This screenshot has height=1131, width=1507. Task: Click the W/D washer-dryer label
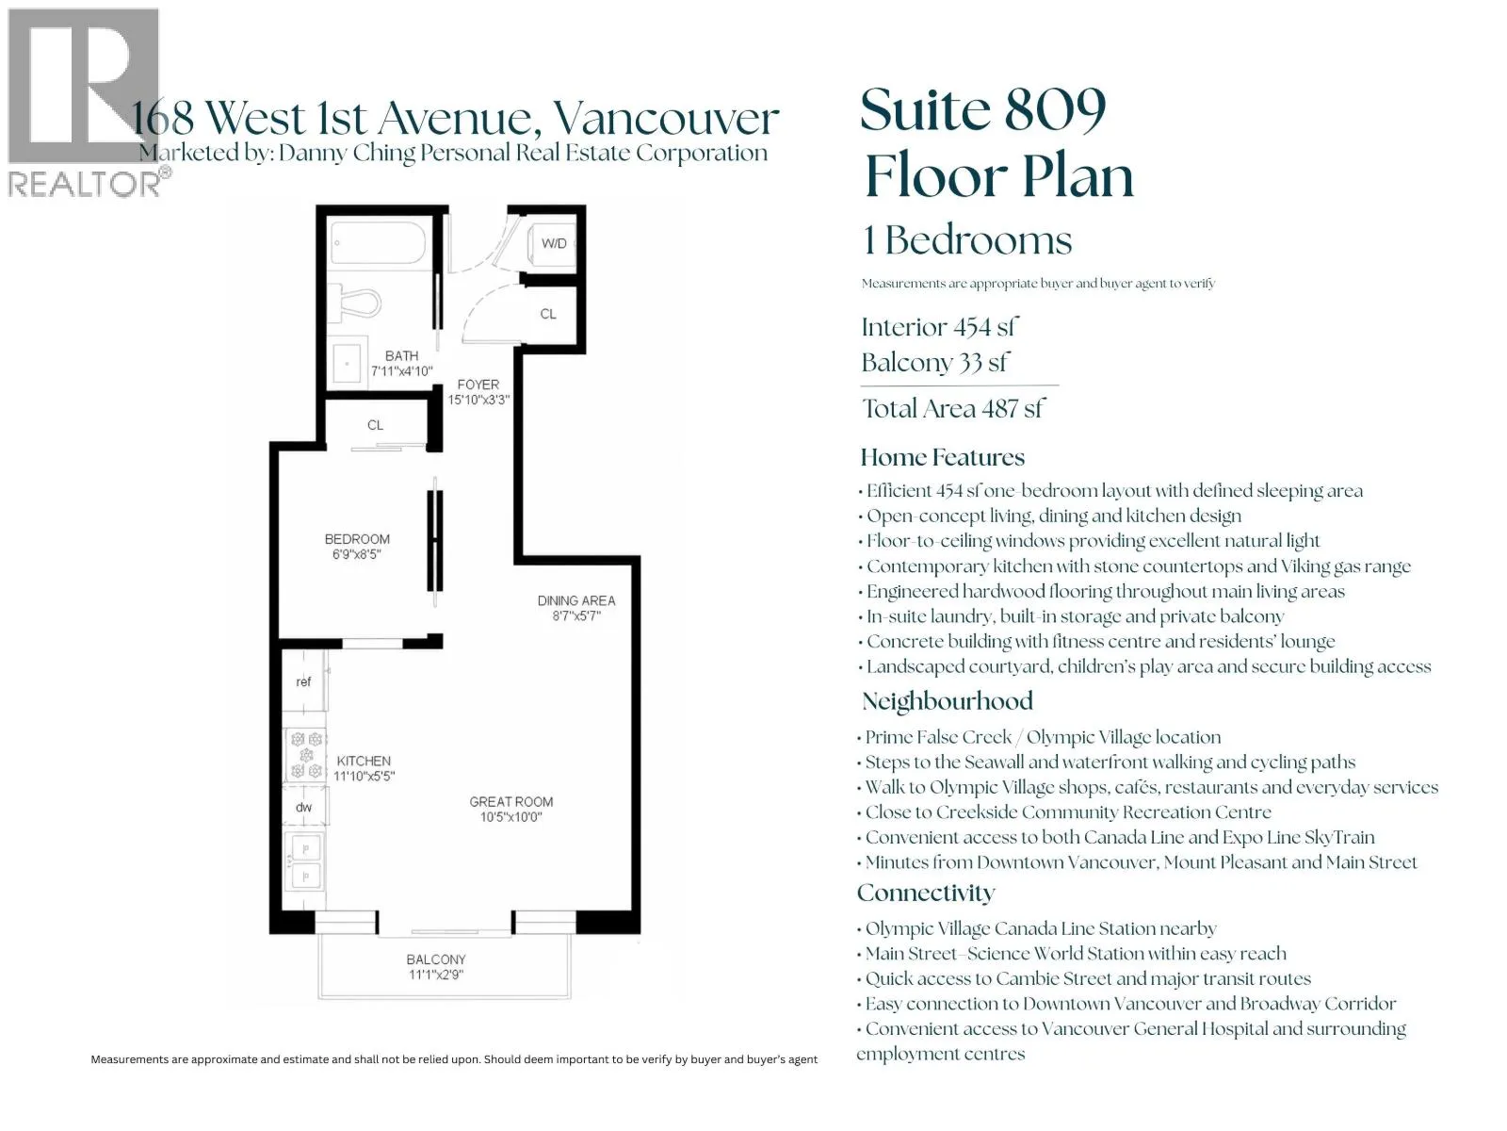(x=554, y=243)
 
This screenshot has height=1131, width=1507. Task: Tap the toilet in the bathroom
(x=354, y=303)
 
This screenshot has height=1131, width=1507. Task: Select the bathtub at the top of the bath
(x=378, y=242)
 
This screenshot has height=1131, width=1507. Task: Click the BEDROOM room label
(x=357, y=539)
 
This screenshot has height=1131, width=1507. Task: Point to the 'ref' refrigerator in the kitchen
(x=303, y=681)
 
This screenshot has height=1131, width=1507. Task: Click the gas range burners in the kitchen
(x=305, y=755)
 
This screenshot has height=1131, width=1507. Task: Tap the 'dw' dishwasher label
(x=303, y=807)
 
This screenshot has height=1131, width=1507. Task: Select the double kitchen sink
(x=305, y=861)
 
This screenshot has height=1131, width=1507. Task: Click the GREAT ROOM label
(x=510, y=801)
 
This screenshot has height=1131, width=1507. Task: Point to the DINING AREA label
(x=576, y=600)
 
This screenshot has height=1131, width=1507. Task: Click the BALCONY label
(x=436, y=959)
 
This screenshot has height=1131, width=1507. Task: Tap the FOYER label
(x=478, y=385)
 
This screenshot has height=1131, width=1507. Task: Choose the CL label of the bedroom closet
(x=375, y=425)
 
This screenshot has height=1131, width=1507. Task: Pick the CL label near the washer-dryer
(x=548, y=314)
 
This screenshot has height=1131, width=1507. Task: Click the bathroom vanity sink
(x=348, y=363)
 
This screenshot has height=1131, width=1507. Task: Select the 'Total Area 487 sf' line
(x=953, y=409)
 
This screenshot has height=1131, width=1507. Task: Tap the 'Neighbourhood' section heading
(x=948, y=701)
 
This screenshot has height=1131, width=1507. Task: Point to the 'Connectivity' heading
(x=926, y=893)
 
